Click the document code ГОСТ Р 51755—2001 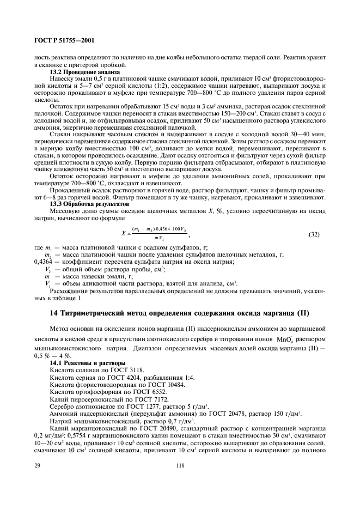pyautogui.click(x=62, y=41)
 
